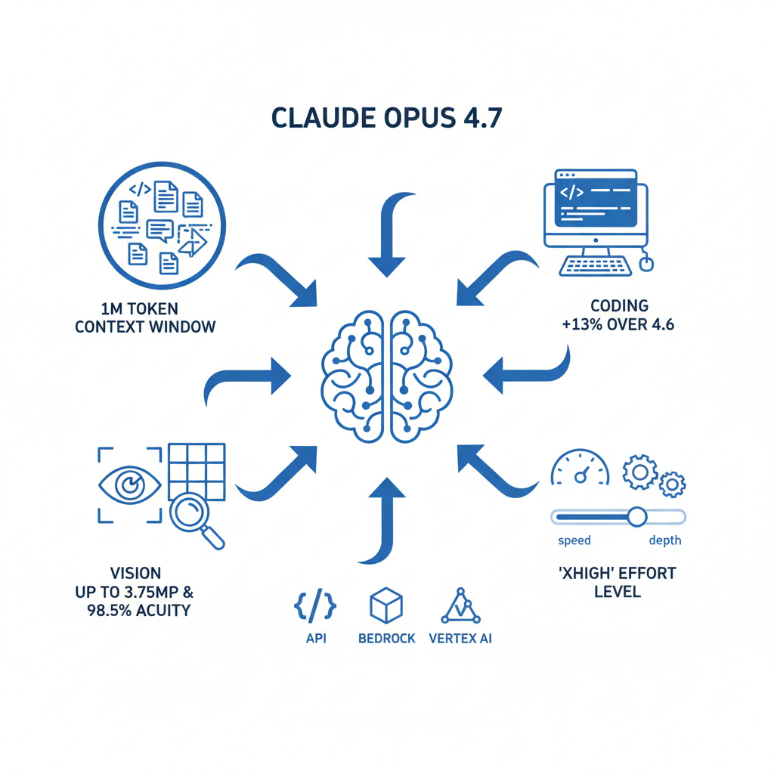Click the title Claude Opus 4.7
[386, 119]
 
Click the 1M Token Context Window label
[145, 317]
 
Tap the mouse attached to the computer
[646, 263]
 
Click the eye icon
[130, 485]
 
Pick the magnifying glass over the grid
[195, 518]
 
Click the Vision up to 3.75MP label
[133, 591]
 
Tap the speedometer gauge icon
[580, 469]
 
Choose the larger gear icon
[639, 472]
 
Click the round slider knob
[636, 516]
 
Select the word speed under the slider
[574, 540]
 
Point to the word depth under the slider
[664, 540]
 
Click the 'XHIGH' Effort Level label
[616, 581]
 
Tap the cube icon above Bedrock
[385, 606]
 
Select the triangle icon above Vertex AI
[460, 605]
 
